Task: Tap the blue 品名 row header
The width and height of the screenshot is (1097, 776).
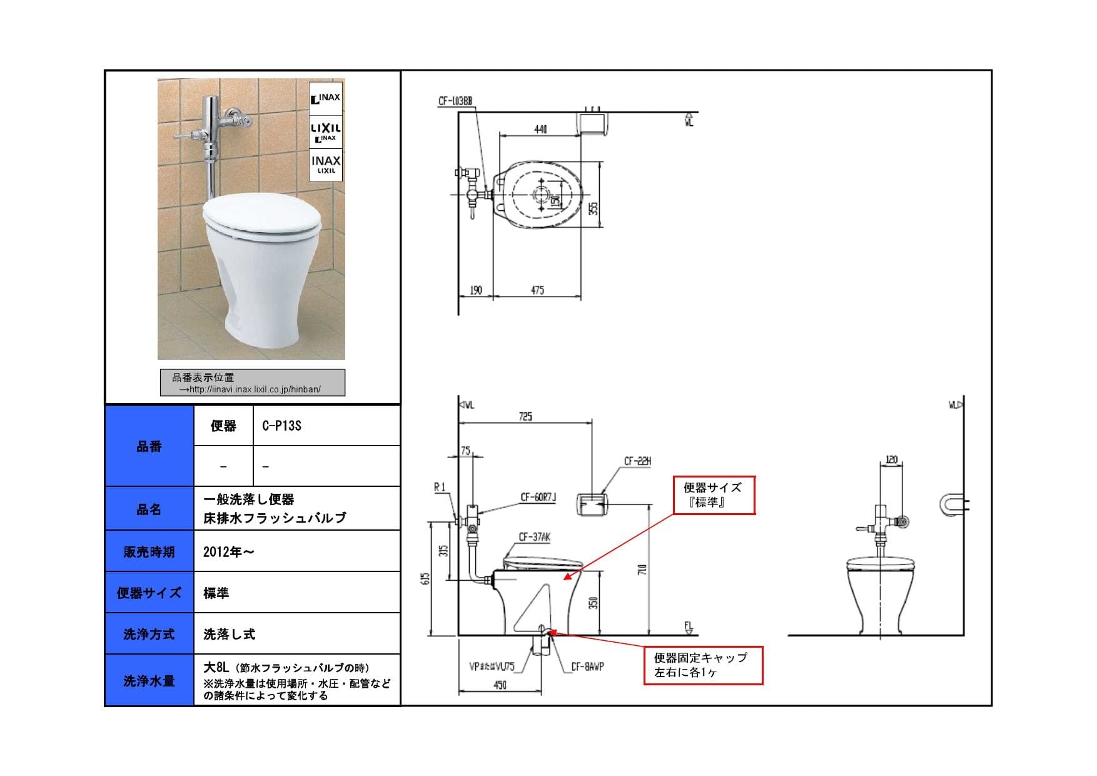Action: (x=149, y=509)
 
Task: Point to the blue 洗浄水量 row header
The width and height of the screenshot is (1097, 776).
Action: (x=149, y=680)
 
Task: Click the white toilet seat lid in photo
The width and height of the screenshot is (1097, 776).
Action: (x=261, y=215)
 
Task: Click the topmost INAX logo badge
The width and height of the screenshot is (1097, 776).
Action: (x=326, y=98)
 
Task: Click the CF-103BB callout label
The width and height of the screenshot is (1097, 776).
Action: (x=455, y=100)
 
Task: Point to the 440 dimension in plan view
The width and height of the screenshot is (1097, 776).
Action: (x=540, y=129)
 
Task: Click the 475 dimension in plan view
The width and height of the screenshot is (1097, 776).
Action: (x=537, y=290)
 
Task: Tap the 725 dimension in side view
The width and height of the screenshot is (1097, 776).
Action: (x=525, y=416)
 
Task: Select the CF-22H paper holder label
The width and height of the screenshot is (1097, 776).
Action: (x=637, y=461)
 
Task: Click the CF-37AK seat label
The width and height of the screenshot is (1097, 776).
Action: (x=534, y=537)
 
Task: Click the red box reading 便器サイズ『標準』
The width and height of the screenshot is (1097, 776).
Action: (x=714, y=495)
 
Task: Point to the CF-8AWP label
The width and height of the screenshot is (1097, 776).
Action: (x=587, y=667)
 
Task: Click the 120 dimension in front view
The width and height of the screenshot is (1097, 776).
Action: (x=891, y=460)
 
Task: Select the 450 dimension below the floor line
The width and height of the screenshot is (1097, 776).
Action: (x=500, y=685)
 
